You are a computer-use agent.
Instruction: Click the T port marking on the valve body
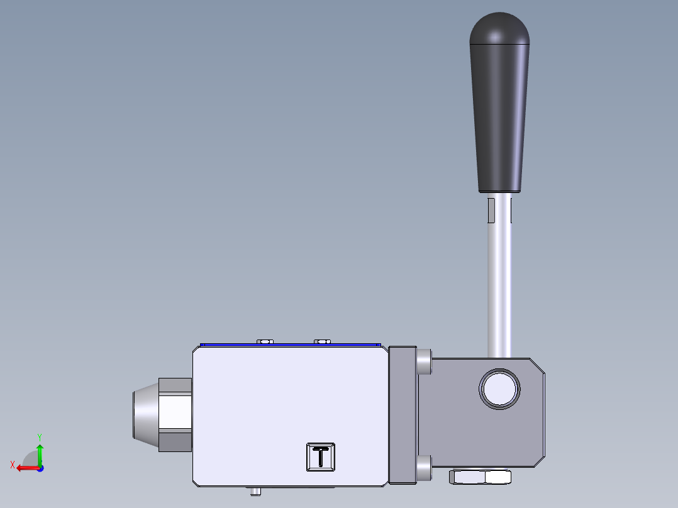(321, 456)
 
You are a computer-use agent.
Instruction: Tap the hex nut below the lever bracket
(481, 477)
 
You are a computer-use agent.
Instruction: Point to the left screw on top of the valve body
(265, 341)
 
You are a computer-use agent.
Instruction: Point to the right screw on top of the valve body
(323, 341)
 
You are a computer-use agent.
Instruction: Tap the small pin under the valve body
(255, 491)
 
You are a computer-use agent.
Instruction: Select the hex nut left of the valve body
(175, 414)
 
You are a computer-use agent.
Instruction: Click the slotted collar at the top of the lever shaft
(500, 209)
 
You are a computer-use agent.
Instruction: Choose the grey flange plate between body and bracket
(403, 415)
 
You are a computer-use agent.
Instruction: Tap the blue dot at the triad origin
(40, 468)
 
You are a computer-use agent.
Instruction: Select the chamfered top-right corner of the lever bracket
(537, 366)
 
